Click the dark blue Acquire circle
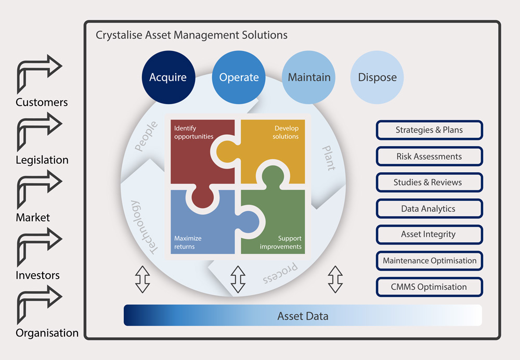pos(168,78)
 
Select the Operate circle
pos(239,78)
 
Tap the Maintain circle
pos(309,78)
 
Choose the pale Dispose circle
pos(377,78)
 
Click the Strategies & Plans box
pos(429,130)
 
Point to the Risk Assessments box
pos(429,156)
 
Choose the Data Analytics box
pos(429,209)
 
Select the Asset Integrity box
pos(429,235)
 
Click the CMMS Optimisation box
pos(429,287)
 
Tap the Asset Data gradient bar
pos(303,316)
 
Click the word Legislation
pos(42,160)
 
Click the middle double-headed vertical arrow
pos(238,279)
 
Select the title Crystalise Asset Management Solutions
pos(191,35)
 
